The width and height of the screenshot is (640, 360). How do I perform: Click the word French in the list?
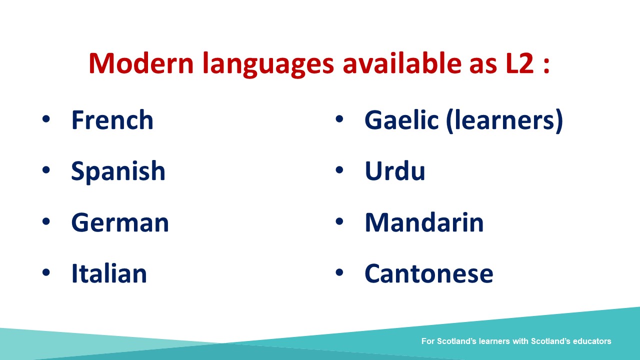[x=112, y=120]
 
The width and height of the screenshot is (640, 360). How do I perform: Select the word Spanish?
[x=118, y=171]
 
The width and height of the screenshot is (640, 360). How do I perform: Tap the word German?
[x=120, y=222]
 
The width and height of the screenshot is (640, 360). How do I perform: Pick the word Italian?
[x=109, y=273]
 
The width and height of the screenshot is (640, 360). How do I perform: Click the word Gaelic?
[x=401, y=120]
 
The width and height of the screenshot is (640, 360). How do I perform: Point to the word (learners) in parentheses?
[x=504, y=121]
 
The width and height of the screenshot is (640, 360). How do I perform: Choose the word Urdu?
[x=395, y=171]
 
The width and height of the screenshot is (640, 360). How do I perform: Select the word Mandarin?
[x=424, y=222]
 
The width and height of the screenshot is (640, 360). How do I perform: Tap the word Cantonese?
[x=429, y=273]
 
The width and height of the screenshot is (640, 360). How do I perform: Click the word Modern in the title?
[x=141, y=63]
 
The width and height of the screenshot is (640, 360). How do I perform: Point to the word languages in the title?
[x=268, y=64]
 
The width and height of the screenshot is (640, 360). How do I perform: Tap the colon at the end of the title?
[x=546, y=65]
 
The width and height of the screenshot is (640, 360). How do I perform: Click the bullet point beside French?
[x=46, y=119]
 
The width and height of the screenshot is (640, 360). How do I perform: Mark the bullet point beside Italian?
[x=46, y=272]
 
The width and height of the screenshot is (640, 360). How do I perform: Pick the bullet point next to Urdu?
[x=339, y=169]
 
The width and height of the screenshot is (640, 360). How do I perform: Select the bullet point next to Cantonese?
[x=339, y=272]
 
